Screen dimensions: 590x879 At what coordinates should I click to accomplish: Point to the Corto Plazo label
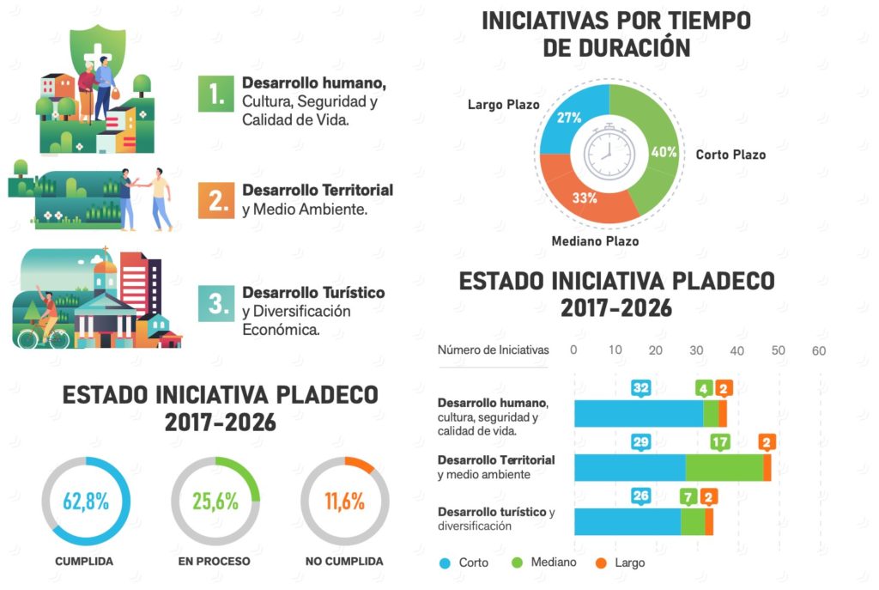coord(730,155)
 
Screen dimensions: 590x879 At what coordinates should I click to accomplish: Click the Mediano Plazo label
coord(595,241)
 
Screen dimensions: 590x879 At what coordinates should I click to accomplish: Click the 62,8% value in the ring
coord(86,502)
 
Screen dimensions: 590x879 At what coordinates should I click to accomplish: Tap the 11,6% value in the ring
coord(344,502)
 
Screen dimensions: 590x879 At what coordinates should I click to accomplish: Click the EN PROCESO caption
coord(215,562)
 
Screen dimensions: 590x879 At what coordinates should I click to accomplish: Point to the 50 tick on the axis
coord(778,350)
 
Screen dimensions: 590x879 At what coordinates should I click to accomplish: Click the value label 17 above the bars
coord(720,443)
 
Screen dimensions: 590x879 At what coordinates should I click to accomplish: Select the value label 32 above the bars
coord(640,388)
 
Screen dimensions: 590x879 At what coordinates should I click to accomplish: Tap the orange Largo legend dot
coord(601,563)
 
